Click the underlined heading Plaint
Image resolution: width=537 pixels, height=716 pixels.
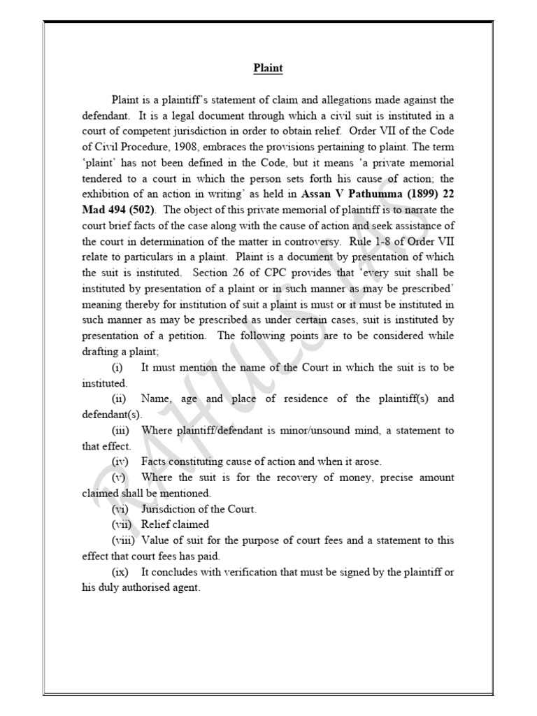(268, 69)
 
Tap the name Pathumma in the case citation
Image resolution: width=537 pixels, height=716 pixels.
(368, 194)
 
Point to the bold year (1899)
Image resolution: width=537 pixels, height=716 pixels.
(415, 194)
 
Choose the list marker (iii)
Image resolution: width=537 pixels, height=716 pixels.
(120, 430)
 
